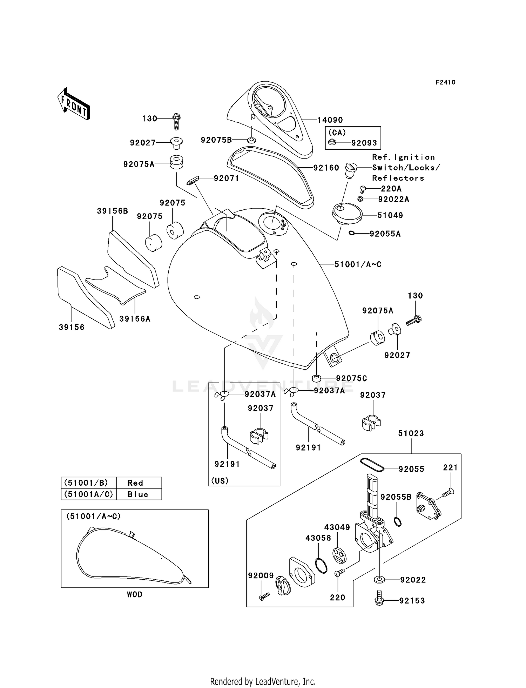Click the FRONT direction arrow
coord(74,104)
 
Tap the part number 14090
coord(330,120)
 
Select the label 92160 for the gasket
coord(326,168)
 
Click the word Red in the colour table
coord(135,483)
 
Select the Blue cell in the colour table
coord(138,494)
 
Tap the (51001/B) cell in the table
coord(86,483)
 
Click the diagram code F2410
coord(445,82)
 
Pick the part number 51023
coord(411,433)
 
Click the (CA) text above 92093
coord(337,133)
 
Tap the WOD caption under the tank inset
coord(135,594)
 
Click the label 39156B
coord(112,211)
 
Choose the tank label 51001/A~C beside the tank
coord(358,264)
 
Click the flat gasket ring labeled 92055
coord(372,464)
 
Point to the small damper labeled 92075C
coord(317,378)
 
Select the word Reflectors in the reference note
coord(398,178)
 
